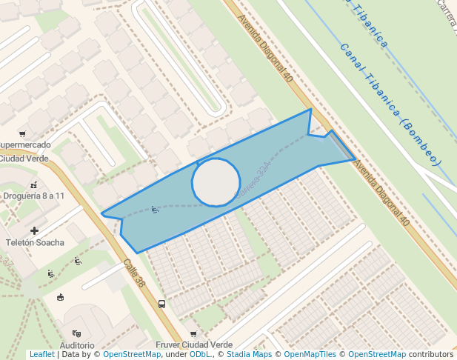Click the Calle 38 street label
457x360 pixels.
coord(135,273)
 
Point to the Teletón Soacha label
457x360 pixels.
coord(35,242)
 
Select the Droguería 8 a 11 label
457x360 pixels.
coord(33,196)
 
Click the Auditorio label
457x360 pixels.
coord(77,345)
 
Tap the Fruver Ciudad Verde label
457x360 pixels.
coord(194,345)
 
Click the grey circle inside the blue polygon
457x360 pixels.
coord(216,181)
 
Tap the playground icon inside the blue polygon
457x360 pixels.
coord(155,210)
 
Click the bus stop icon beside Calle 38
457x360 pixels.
coord(161,304)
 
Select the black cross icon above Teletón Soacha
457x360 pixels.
coord(35,231)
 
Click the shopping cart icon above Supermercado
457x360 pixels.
coord(23,134)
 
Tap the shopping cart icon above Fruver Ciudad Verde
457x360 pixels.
coord(194,334)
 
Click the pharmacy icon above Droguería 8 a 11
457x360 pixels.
coord(33,184)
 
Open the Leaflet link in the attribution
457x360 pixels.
coord(41,355)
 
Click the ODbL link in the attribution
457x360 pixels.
coord(200,355)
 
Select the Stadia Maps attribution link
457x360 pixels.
coord(249,355)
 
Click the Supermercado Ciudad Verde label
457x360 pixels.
coord(25,151)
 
